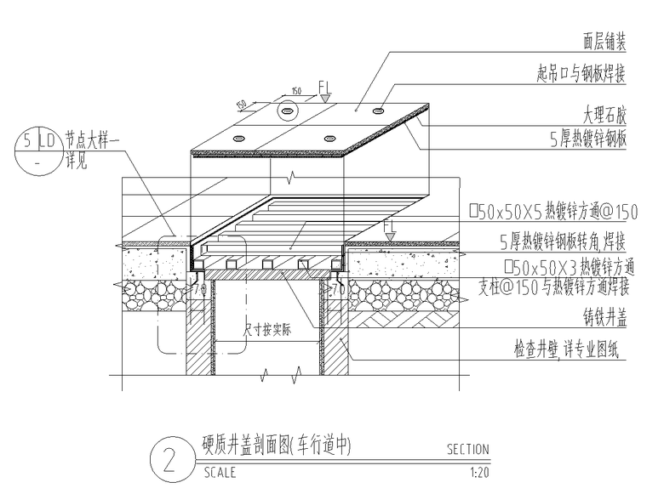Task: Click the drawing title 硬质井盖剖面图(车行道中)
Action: click(x=277, y=445)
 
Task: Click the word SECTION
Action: click(x=468, y=450)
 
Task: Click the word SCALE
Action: click(x=220, y=473)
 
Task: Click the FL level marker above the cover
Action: click(x=325, y=86)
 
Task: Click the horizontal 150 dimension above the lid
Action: click(x=297, y=90)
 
